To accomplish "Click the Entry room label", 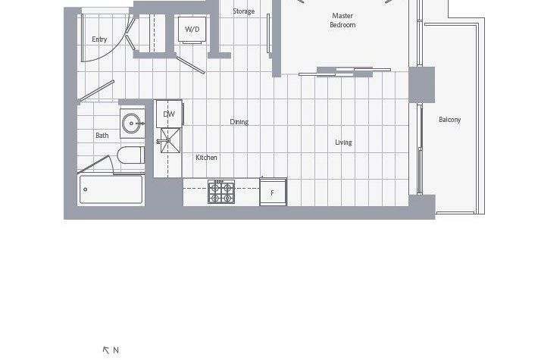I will click(x=99, y=39).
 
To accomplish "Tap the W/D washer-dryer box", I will click(x=192, y=30).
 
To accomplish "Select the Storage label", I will click(x=243, y=11).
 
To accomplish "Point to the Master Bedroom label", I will click(x=342, y=20).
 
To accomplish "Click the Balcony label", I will click(x=449, y=120).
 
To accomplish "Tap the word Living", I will click(x=343, y=142).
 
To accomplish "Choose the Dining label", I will click(x=239, y=122).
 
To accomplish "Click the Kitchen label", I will click(x=206, y=158).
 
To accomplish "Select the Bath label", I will click(x=102, y=136).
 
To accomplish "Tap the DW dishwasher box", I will click(x=169, y=114).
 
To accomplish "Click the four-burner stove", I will click(x=221, y=192).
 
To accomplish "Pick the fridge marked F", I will click(x=273, y=193).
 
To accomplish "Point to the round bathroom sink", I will click(x=133, y=122).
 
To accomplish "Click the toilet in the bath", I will click(x=131, y=156).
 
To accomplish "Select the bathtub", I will click(x=111, y=189).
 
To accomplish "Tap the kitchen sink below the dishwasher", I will click(x=169, y=140).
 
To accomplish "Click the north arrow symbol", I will click(x=106, y=350).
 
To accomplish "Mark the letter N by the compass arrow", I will click(x=116, y=350).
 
